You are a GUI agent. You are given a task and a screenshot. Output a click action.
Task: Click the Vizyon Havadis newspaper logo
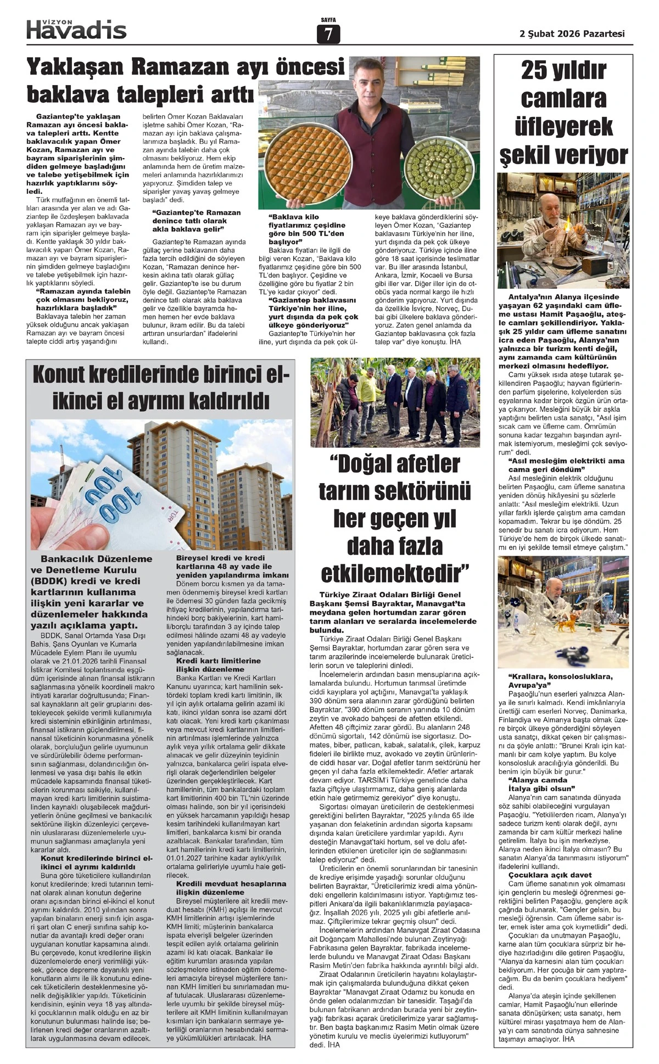(x=76, y=29)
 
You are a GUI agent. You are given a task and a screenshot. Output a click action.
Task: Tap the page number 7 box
(x=328, y=35)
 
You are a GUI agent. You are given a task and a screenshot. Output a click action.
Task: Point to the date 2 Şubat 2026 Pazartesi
(x=572, y=33)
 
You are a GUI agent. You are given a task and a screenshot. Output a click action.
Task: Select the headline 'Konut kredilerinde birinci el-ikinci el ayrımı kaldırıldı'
(x=160, y=388)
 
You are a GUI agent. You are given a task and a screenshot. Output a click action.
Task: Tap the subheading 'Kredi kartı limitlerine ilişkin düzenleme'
(x=218, y=665)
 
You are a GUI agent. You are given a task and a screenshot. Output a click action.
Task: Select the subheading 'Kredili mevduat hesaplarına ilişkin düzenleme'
(x=231, y=888)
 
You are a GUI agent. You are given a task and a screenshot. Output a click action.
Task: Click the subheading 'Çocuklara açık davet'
(x=550, y=875)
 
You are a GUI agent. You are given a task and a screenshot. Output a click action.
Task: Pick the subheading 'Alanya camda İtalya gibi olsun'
(x=540, y=784)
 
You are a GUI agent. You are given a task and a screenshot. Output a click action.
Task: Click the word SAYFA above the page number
(x=328, y=20)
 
